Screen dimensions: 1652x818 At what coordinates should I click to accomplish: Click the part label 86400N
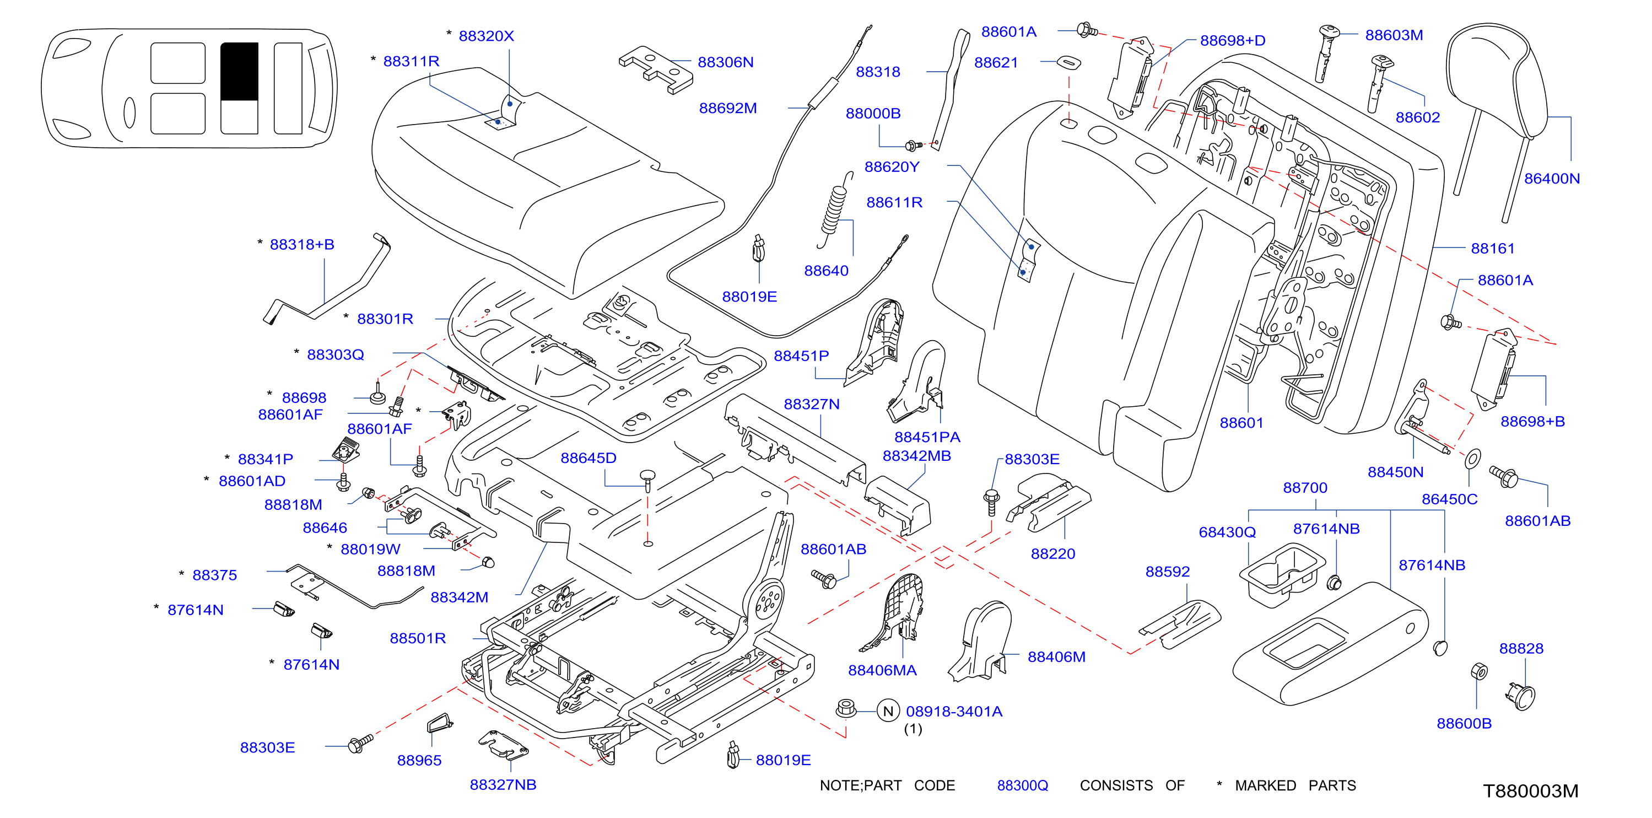1551,179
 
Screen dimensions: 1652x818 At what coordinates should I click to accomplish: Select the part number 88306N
725,62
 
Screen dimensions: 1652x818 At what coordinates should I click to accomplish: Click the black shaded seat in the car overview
239,71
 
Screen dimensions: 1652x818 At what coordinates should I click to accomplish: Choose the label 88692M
728,108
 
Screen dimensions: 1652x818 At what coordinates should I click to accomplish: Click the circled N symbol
888,711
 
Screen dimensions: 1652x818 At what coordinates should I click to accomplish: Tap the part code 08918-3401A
954,711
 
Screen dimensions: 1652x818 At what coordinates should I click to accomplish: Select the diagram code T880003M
1530,790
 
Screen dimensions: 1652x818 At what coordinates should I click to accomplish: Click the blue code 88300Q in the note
1022,785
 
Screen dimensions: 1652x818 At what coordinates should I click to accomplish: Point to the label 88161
1492,248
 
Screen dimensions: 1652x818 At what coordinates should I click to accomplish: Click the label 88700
1304,488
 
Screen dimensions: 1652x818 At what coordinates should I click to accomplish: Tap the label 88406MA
882,670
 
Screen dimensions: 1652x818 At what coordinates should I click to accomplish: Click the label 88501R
418,638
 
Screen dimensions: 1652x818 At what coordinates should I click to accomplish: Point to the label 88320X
486,36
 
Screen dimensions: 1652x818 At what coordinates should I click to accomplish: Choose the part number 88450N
1395,472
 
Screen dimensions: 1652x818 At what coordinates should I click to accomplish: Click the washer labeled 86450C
1473,458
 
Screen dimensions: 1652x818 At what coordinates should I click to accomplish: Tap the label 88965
419,760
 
